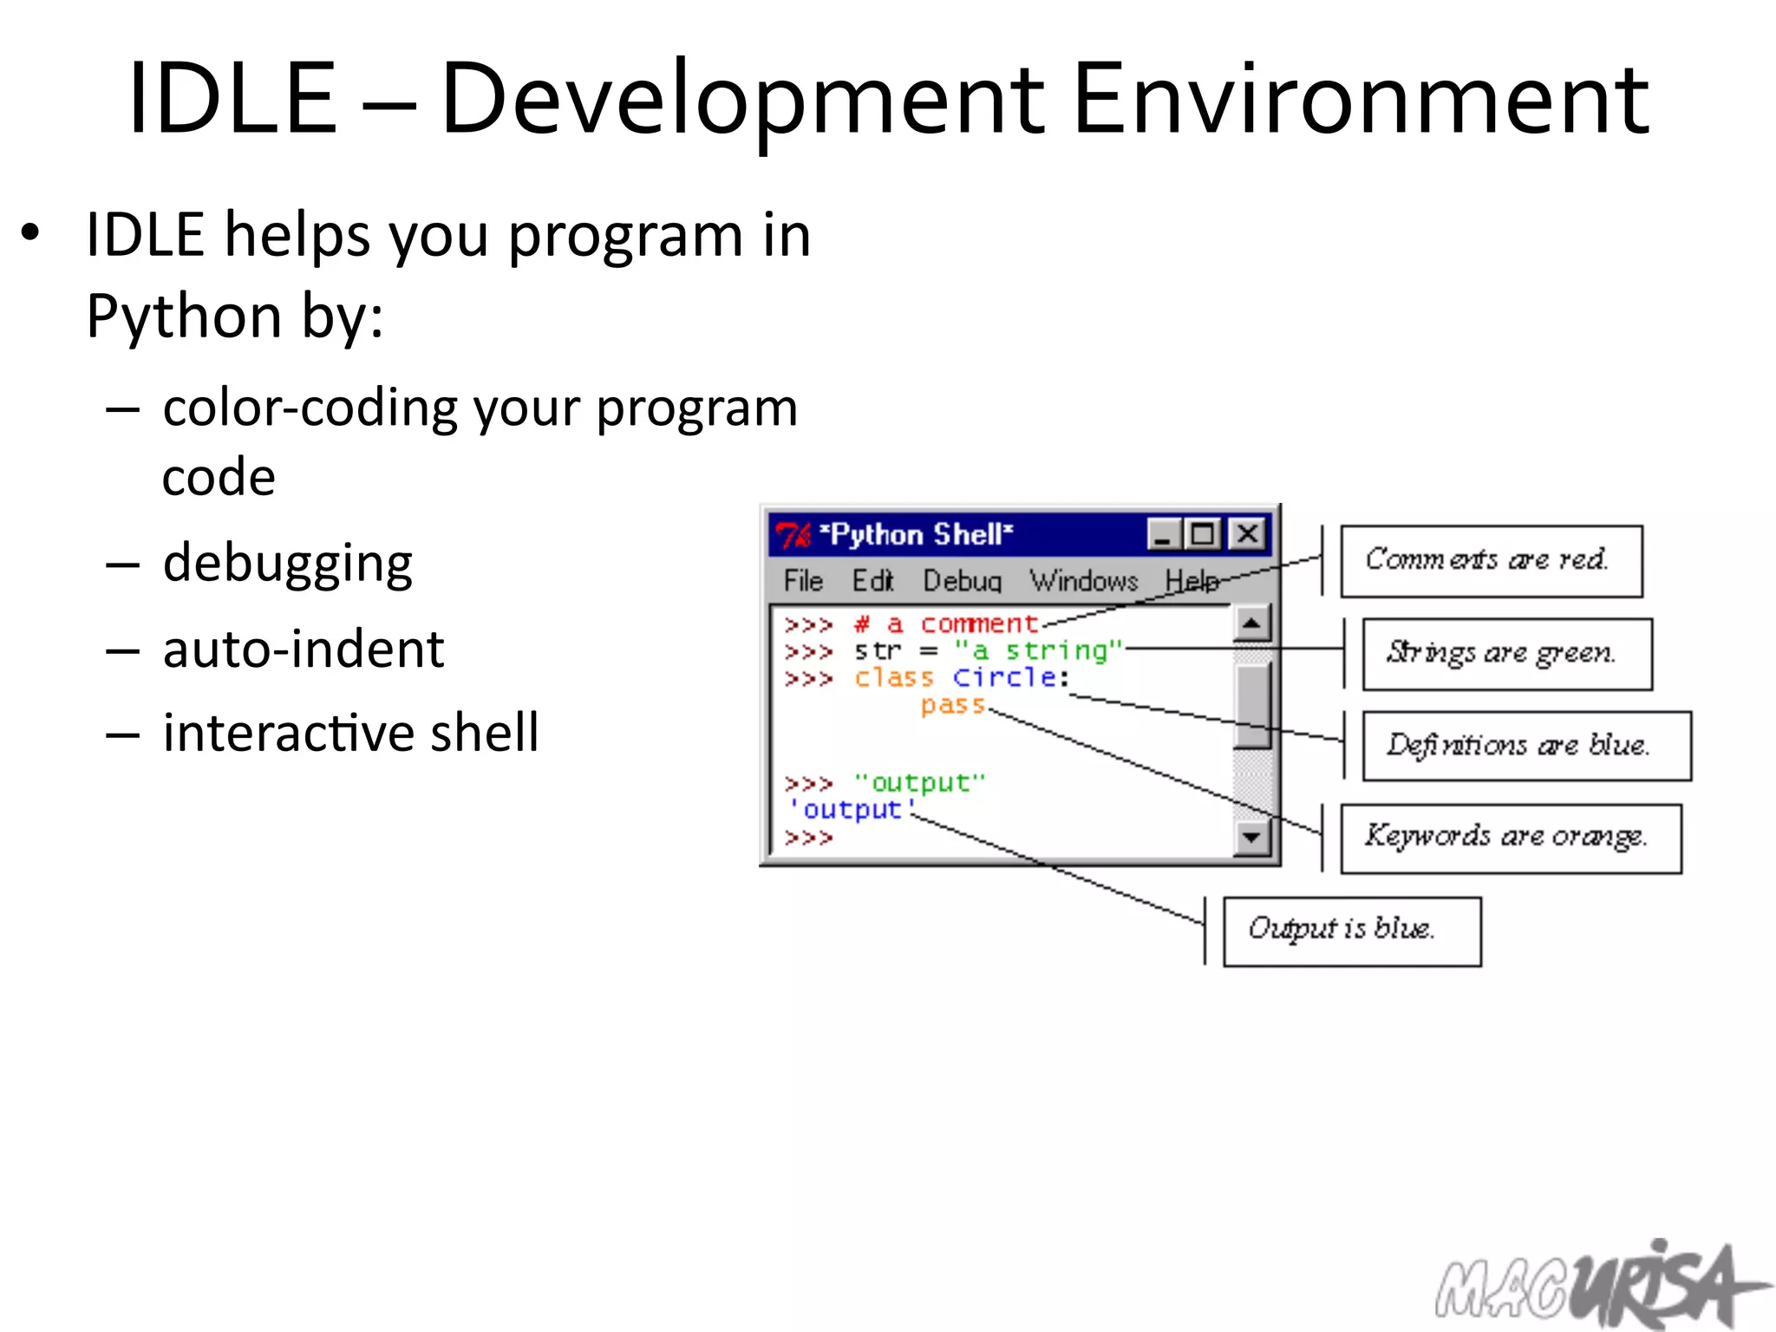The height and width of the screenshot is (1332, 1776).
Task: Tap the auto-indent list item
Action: (x=303, y=650)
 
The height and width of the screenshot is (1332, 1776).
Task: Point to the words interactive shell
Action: (x=350, y=733)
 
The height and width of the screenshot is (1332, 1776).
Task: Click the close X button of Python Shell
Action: (x=1247, y=534)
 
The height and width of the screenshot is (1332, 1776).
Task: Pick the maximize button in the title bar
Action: (x=1203, y=534)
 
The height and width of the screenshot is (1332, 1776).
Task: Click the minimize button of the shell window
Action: (x=1163, y=534)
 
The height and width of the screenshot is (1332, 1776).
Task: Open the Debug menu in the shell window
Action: (x=962, y=580)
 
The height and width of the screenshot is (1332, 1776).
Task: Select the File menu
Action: (x=802, y=580)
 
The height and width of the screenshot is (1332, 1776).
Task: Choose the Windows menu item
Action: (x=1083, y=580)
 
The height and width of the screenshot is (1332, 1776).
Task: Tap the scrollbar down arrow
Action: (x=1251, y=837)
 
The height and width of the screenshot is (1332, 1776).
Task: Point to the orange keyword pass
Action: (x=952, y=705)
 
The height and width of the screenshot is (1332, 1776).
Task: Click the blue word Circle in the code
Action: (x=1004, y=677)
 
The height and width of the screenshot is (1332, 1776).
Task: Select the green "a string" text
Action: (x=1037, y=650)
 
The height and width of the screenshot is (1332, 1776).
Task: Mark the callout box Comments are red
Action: (x=1491, y=561)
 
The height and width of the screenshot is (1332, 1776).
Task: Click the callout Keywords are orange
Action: (x=1510, y=838)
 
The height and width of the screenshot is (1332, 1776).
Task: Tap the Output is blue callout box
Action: (x=1351, y=930)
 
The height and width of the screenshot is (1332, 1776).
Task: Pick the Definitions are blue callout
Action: (x=1525, y=746)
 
